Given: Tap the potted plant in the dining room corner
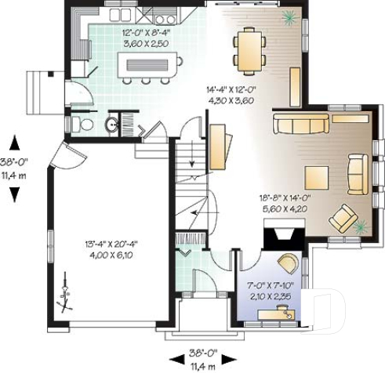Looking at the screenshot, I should [290, 15].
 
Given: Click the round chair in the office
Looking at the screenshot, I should [287, 263].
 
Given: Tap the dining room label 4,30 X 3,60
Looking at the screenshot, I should [231, 100].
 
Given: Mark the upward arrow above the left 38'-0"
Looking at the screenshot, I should [13, 143].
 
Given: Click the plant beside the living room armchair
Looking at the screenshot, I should [360, 226].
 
